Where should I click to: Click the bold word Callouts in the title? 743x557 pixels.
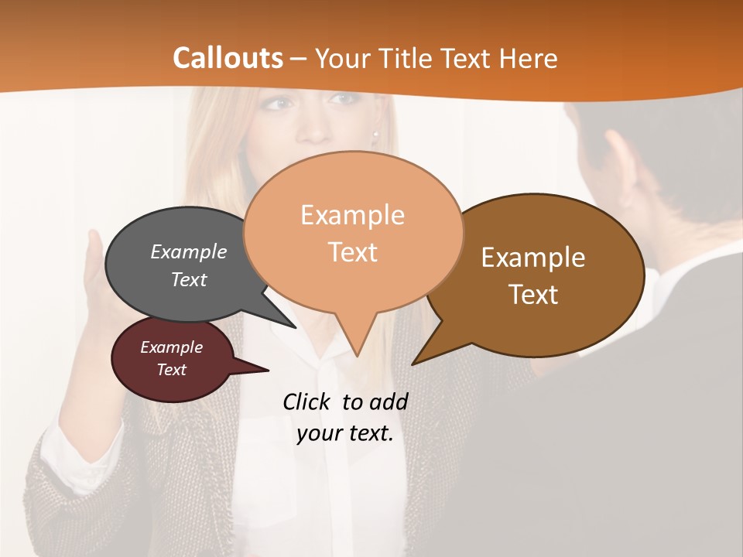tap(228, 58)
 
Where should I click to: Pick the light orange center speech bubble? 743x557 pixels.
tap(353, 232)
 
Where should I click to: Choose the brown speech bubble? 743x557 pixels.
tap(542, 275)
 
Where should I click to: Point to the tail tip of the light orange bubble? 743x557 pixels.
tap(357, 355)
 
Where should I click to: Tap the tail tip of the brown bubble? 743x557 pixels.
tap(414, 363)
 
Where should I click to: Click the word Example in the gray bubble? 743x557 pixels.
tap(189, 252)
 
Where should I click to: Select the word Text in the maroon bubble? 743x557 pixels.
tap(172, 370)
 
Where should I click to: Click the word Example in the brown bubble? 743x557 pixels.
tap(533, 258)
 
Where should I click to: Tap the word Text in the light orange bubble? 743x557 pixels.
tap(353, 252)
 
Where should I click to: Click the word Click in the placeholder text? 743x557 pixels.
tap(307, 402)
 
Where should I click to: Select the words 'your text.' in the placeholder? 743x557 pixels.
tap(345, 433)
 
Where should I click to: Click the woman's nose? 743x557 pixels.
tap(313, 124)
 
